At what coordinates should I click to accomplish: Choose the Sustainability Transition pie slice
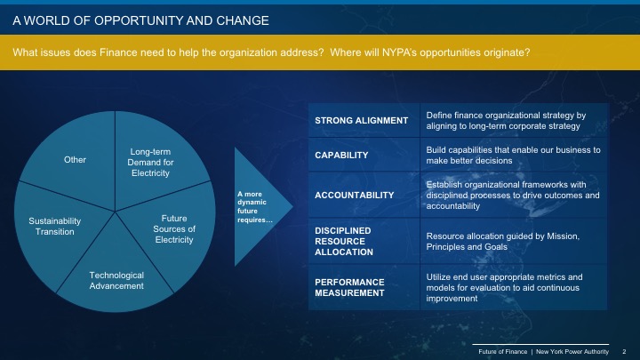click(x=54, y=226)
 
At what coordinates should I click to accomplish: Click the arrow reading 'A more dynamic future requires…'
click(x=258, y=206)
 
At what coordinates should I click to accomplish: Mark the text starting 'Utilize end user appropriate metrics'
click(x=513, y=287)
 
